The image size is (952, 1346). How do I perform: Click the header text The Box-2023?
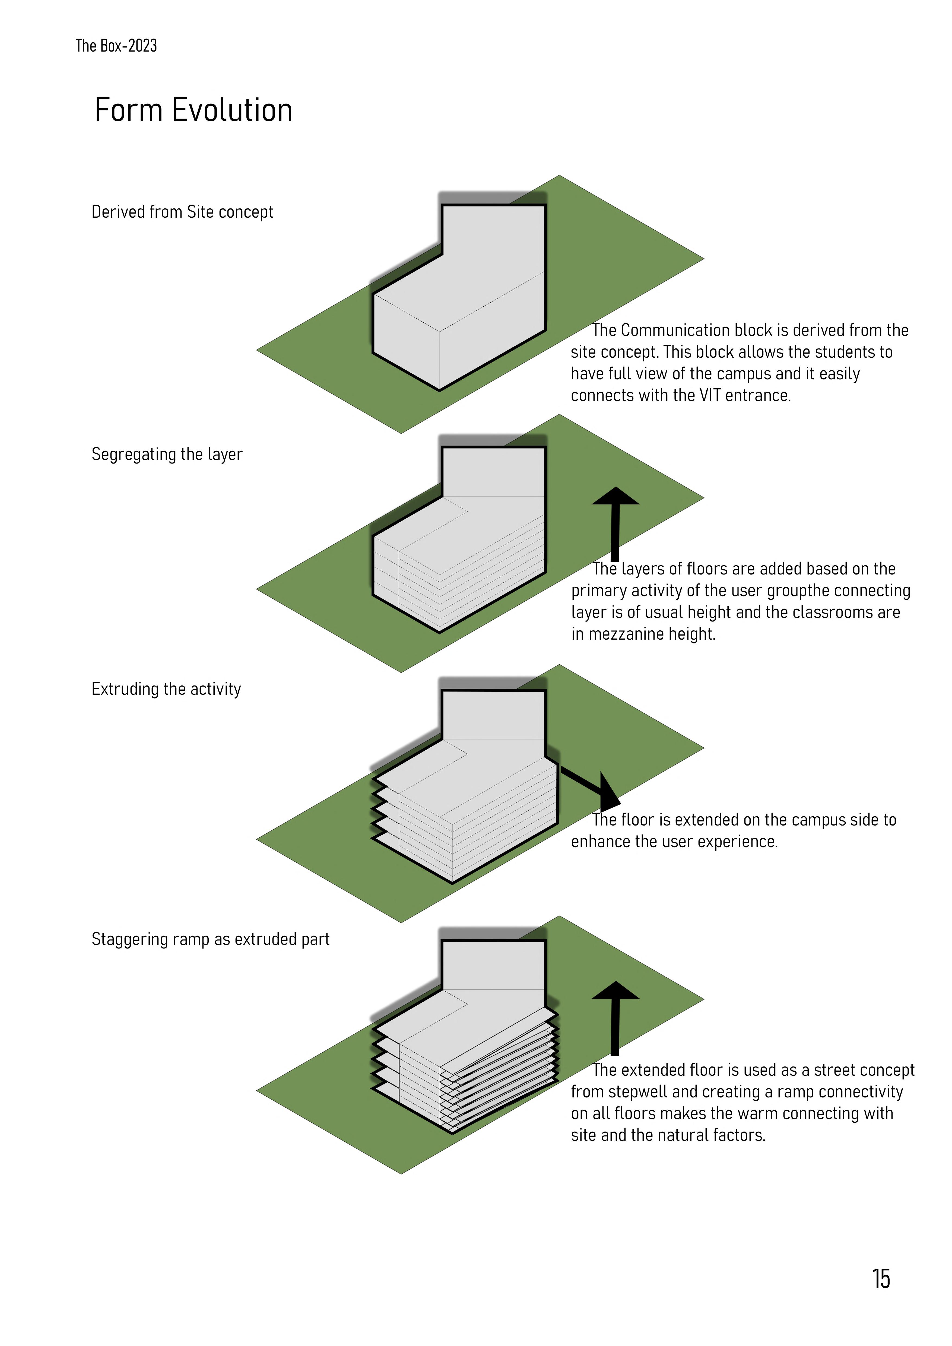tap(116, 46)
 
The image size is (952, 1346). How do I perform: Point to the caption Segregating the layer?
tap(167, 454)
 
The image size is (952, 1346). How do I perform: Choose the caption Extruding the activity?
tap(166, 689)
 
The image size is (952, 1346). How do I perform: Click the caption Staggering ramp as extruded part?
tap(210, 939)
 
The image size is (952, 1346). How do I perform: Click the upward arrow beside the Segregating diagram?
tap(615, 522)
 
